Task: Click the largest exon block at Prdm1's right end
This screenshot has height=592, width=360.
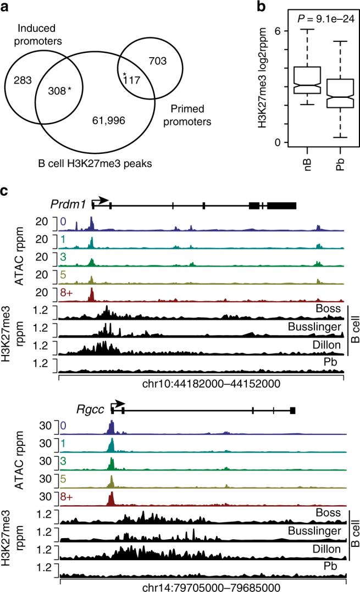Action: [x=282, y=204]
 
